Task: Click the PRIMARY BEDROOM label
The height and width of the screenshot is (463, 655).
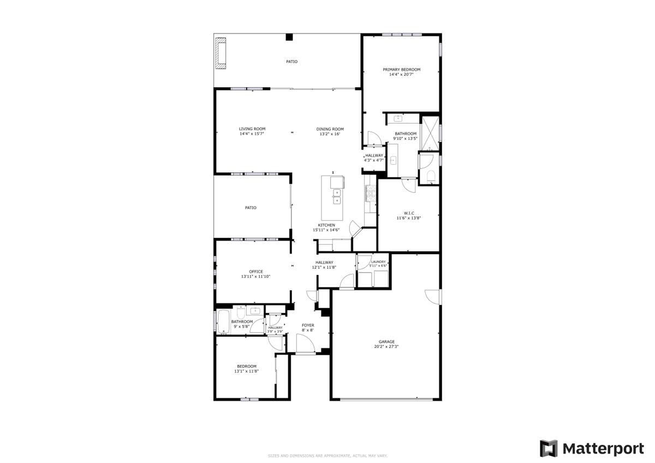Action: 401,70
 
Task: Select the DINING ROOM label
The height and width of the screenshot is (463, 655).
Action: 330,129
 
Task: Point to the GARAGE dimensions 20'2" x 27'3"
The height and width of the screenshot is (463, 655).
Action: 386,346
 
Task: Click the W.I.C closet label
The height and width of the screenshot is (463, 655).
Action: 409,213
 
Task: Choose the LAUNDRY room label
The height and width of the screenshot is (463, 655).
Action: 378,262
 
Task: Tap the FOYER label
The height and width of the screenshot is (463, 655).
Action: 308,326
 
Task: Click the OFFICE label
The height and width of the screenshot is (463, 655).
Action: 256,272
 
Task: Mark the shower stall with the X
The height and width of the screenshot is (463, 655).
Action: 430,132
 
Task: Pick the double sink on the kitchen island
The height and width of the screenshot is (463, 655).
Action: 337,196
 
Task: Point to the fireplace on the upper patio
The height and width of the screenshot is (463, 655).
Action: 221,53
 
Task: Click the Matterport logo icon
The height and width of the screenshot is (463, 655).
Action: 549,448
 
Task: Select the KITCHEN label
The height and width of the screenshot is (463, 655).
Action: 327,225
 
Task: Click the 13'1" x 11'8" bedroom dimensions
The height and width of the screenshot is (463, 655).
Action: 246,371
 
